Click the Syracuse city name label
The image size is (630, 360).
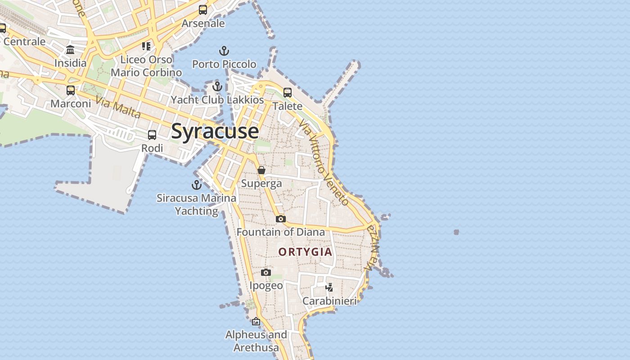pyautogui.click(x=215, y=131)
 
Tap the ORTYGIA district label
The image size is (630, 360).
pyautogui.click(x=305, y=252)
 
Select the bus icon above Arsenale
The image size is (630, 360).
pyautogui.click(x=203, y=9)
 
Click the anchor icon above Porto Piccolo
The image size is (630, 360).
pyautogui.click(x=224, y=50)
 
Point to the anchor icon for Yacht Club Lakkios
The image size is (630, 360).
pyautogui.click(x=217, y=86)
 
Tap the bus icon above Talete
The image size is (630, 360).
pyautogui.click(x=287, y=93)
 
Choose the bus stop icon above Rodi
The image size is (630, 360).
pyautogui.click(x=152, y=135)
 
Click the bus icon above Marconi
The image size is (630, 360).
pyautogui.click(x=71, y=90)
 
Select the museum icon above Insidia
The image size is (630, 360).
pyautogui.click(x=70, y=49)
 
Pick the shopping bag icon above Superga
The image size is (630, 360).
pyautogui.click(x=261, y=170)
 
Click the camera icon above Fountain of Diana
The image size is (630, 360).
pyautogui.click(x=281, y=219)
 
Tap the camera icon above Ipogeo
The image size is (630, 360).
pyautogui.click(x=266, y=272)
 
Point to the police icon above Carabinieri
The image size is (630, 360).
pyautogui.click(x=329, y=287)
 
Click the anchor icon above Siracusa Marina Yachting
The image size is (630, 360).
pyautogui.click(x=196, y=184)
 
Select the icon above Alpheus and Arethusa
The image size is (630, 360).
pyautogui.click(x=256, y=321)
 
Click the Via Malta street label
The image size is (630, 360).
pyautogui.click(x=118, y=108)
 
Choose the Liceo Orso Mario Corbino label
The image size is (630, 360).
pyautogui.click(x=146, y=66)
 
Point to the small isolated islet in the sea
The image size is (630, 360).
pyautogui.click(x=456, y=232)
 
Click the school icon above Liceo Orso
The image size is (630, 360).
pyautogui.click(x=146, y=46)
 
